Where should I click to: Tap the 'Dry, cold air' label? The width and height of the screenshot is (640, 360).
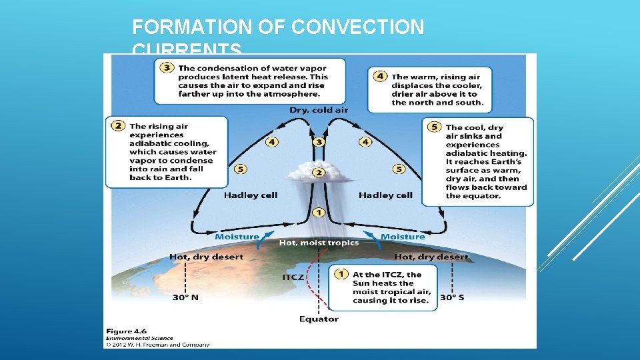tap(319, 110)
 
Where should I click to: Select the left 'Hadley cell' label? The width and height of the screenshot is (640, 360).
tap(251, 195)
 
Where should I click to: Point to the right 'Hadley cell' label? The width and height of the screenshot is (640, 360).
tap(385, 195)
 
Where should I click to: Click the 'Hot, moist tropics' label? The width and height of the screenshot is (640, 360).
tap(319, 243)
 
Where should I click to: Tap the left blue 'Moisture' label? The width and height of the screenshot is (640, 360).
tap(237, 237)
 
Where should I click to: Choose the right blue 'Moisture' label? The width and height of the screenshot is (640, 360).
tap(403, 237)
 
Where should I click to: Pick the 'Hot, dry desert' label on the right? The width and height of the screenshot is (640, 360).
tap(431, 257)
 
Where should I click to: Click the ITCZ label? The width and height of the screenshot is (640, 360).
tap(293, 277)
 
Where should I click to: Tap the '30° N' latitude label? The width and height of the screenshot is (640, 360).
tap(185, 297)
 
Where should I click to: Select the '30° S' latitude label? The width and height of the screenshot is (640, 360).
tap(452, 297)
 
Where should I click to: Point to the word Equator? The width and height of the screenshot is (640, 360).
tap(319, 319)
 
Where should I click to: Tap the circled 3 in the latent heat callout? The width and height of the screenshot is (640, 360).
tap(167, 68)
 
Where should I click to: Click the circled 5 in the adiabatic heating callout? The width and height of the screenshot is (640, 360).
tap(435, 127)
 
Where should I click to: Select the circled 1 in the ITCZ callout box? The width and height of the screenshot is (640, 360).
tap(341, 274)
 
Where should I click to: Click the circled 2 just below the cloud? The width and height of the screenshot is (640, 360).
tap(319, 173)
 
